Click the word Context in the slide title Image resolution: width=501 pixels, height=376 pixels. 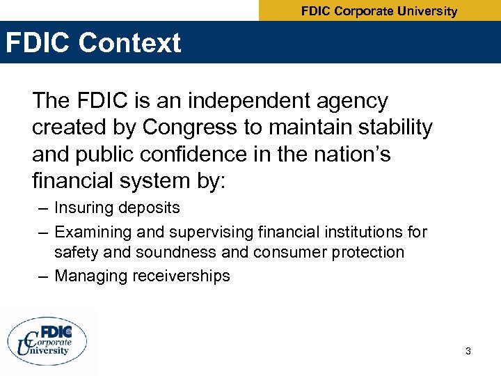pos(130,43)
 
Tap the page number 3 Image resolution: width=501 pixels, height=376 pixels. pos(468,351)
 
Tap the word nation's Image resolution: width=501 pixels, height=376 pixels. pos(348,154)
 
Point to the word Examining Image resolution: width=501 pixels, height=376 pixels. pos(90,232)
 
